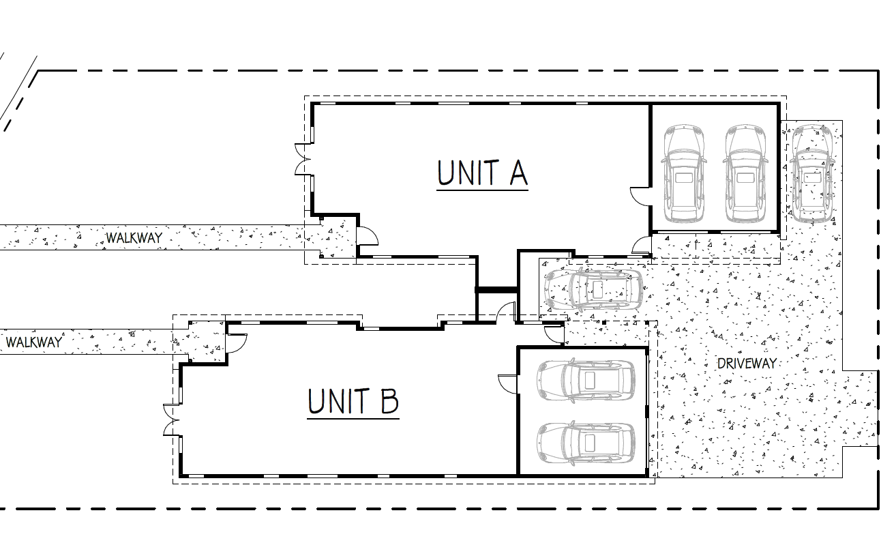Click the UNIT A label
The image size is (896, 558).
(482, 173)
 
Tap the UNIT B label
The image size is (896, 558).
(353, 401)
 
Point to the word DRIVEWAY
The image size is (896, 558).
(747, 364)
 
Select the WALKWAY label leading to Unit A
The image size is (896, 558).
(134, 238)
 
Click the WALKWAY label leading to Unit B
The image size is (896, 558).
(34, 342)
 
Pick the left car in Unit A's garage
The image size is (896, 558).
(684, 173)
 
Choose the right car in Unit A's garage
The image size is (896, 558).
(745, 173)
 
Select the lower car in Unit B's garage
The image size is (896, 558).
(586, 443)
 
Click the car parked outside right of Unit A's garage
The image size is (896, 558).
(812, 173)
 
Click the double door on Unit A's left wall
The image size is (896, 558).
(303, 160)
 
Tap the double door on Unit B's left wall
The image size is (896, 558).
(171, 420)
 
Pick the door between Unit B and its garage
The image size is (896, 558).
(507, 384)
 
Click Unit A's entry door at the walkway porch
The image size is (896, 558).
(368, 235)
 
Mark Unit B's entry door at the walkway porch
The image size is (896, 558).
(237, 343)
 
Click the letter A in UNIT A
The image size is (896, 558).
(519, 173)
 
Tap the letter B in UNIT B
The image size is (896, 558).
(389, 401)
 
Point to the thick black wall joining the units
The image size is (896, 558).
(496, 289)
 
